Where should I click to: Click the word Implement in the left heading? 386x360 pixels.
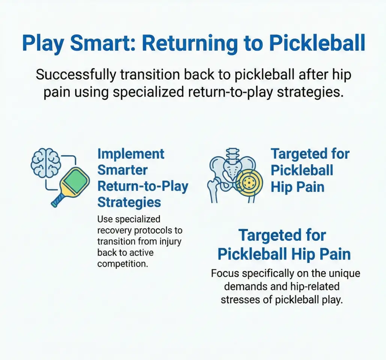pyautogui.click(x=131, y=154)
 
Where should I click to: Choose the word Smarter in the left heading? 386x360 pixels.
pyautogui.click(x=122, y=170)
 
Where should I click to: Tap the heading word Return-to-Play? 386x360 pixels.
pyautogui.click(x=143, y=186)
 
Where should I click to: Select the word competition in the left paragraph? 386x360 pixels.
pyautogui.click(x=121, y=264)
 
